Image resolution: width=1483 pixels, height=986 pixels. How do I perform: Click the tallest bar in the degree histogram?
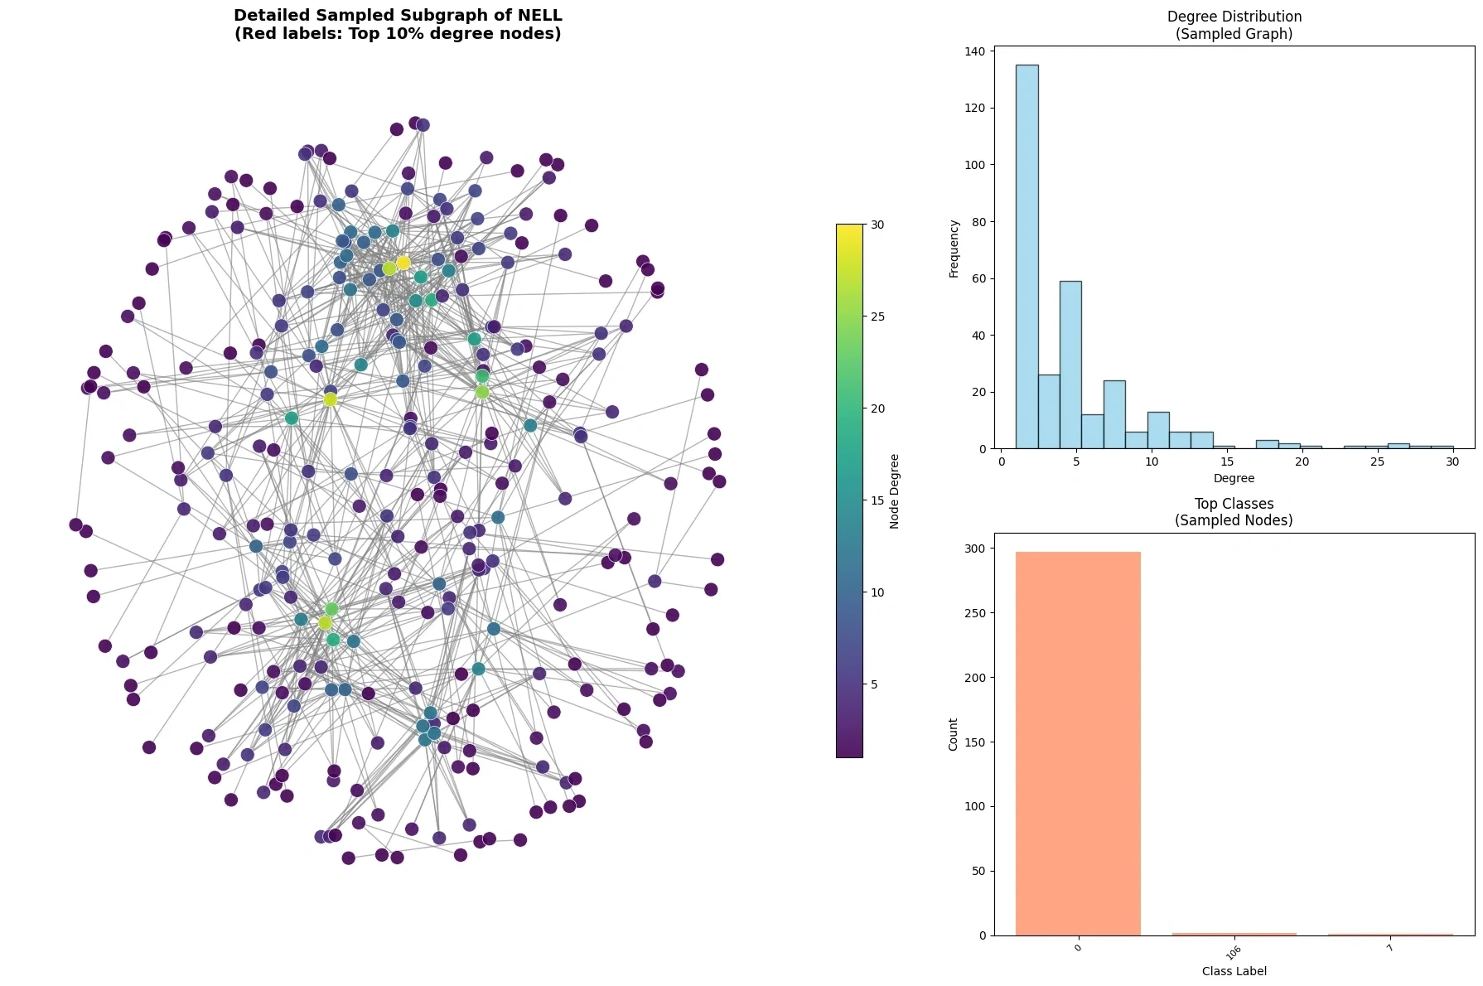tap(1027, 257)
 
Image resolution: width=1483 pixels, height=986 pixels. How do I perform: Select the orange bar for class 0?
tap(1078, 743)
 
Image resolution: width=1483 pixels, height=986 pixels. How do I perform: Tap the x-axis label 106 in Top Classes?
tap(1234, 952)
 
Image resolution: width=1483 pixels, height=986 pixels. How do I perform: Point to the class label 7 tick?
tap(1390, 947)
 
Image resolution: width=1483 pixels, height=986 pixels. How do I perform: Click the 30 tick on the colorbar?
tap(877, 225)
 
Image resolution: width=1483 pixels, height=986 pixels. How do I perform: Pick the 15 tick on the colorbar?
tap(877, 500)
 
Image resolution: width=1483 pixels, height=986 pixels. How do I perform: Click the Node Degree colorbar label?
tap(895, 491)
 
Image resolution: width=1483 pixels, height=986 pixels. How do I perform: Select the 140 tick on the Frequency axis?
tap(975, 51)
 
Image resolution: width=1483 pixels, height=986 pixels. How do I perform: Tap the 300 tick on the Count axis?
tap(975, 549)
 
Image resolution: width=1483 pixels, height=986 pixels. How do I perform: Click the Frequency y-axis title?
tap(954, 249)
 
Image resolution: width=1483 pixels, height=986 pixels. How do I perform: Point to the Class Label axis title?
tap(1234, 971)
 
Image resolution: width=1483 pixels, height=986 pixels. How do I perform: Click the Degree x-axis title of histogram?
tap(1234, 478)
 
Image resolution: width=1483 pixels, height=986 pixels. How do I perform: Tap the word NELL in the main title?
tap(539, 15)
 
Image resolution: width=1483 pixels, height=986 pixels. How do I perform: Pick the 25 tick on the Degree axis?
tap(1377, 462)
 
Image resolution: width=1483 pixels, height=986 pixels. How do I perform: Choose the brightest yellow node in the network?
tap(403, 263)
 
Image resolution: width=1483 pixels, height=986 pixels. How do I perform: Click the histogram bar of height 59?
tap(1070, 365)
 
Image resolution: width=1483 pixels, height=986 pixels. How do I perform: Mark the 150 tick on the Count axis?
tap(975, 742)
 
